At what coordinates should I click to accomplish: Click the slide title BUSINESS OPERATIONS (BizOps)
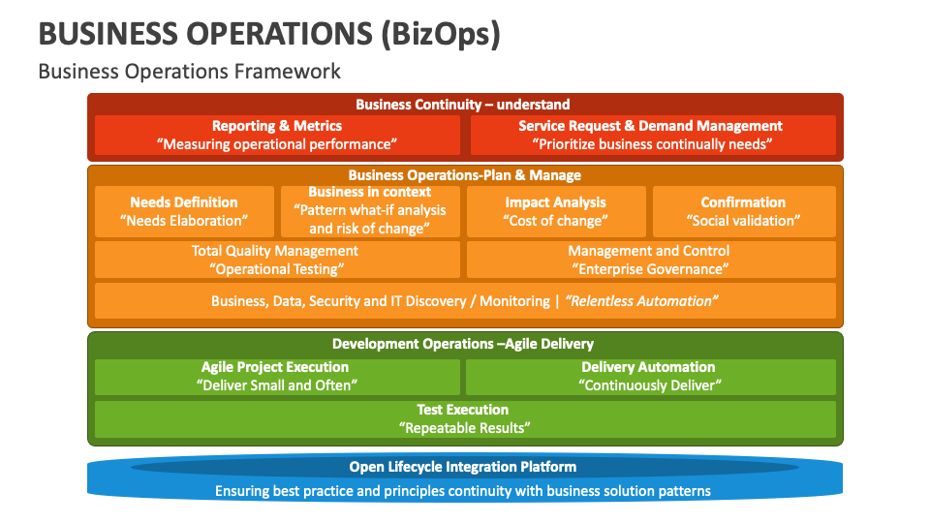[269, 34]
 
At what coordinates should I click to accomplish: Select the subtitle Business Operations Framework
[189, 71]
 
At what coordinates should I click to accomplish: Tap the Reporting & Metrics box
[277, 135]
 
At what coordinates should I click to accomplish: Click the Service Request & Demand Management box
[651, 135]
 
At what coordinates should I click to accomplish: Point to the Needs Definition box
[184, 211]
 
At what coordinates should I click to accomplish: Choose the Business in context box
[370, 211]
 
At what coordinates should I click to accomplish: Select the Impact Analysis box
[555, 211]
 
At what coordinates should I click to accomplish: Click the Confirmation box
[743, 211]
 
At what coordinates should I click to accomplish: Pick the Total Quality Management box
[277, 260]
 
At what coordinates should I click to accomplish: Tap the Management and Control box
[650, 260]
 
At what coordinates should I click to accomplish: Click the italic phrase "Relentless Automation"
[640, 301]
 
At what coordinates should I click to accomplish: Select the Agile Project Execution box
[277, 376]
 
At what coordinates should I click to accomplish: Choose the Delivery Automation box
[650, 376]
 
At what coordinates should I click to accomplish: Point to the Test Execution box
[464, 418]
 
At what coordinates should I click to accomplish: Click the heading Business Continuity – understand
[463, 105]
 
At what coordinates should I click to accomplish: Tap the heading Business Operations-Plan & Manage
[464, 175]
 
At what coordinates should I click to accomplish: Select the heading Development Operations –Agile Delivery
[463, 344]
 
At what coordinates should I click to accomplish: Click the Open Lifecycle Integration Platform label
[463, 468]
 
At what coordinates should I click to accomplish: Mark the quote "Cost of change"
[556, 221]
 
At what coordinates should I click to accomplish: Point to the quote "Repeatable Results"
[464, 427]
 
